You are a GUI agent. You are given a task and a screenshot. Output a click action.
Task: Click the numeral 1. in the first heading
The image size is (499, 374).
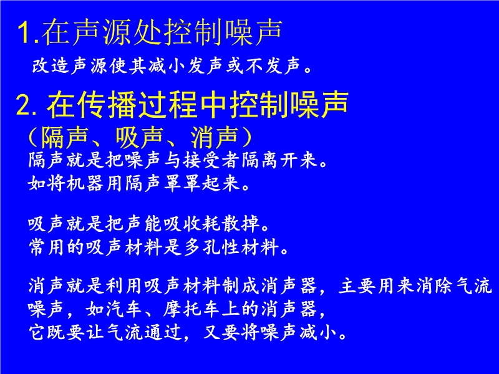(28, 33)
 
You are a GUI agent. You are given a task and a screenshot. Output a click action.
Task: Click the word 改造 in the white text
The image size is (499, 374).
(52, 65)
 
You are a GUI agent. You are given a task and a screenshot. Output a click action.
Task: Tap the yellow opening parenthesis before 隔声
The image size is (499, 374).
(34, 137)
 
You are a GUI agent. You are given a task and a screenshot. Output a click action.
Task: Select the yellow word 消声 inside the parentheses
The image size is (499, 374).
(214, 137)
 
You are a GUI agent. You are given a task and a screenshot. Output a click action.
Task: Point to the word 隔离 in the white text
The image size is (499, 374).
(260, 160)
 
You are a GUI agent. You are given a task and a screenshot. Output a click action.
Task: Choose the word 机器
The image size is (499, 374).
(85, 183)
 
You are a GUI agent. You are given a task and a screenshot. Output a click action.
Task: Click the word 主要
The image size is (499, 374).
(357, 285)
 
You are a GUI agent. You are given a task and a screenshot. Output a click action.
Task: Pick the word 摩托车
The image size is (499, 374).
(191, 309)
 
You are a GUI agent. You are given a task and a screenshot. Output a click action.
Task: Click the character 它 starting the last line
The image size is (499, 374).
(37, 332)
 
